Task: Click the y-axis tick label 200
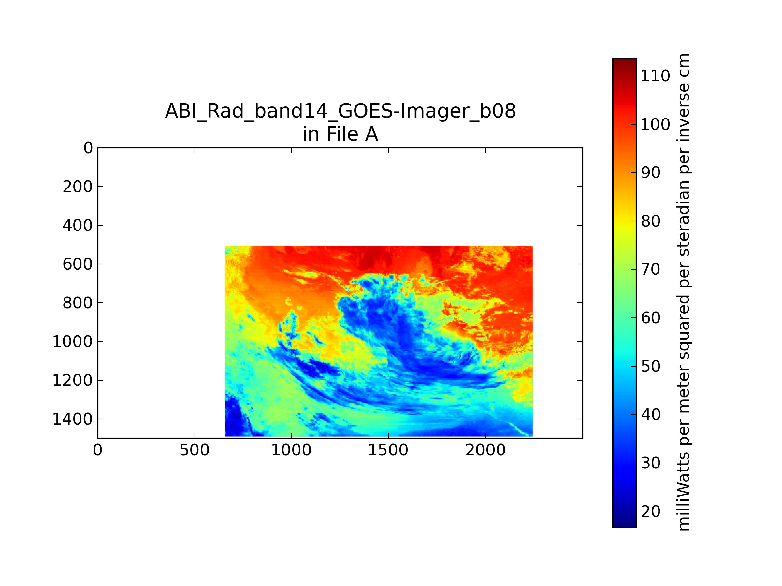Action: click(78, 187)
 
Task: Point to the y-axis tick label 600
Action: click(78, 264)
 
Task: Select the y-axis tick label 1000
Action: click(72, 342)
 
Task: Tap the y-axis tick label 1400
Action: click(72, 419)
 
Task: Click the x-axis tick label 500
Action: click(195, 450)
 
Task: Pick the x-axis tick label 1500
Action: click(388, 450)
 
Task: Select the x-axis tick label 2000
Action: click(485, 450)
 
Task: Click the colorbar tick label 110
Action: click(655, 76)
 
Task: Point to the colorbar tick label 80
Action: click(650, 221)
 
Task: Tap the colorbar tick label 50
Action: click(650, 366)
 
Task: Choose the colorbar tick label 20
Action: click(650, 511)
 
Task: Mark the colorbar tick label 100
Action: click(655, 124)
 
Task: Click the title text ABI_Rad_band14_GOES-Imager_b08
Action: click(340, 111)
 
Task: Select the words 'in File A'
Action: click(340, 134)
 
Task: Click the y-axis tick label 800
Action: click(78, 303)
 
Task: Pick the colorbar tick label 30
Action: click(650, 463)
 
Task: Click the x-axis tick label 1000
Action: click(291, 450)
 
